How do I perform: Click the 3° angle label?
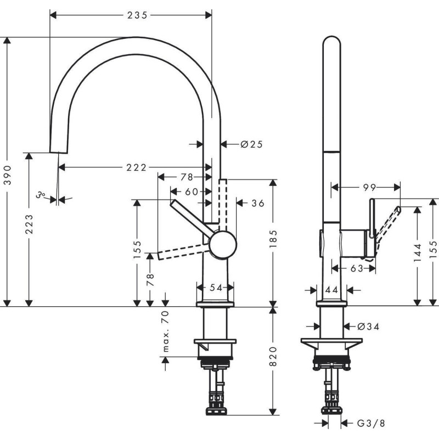coord(40,194)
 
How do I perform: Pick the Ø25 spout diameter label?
coord(251,144)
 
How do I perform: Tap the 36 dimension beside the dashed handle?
coord(257,203)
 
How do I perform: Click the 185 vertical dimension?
coord(274,237)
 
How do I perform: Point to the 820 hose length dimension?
coord(274,357)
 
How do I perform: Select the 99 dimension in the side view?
coord(365,187)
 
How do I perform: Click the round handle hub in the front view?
coord(222,244)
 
